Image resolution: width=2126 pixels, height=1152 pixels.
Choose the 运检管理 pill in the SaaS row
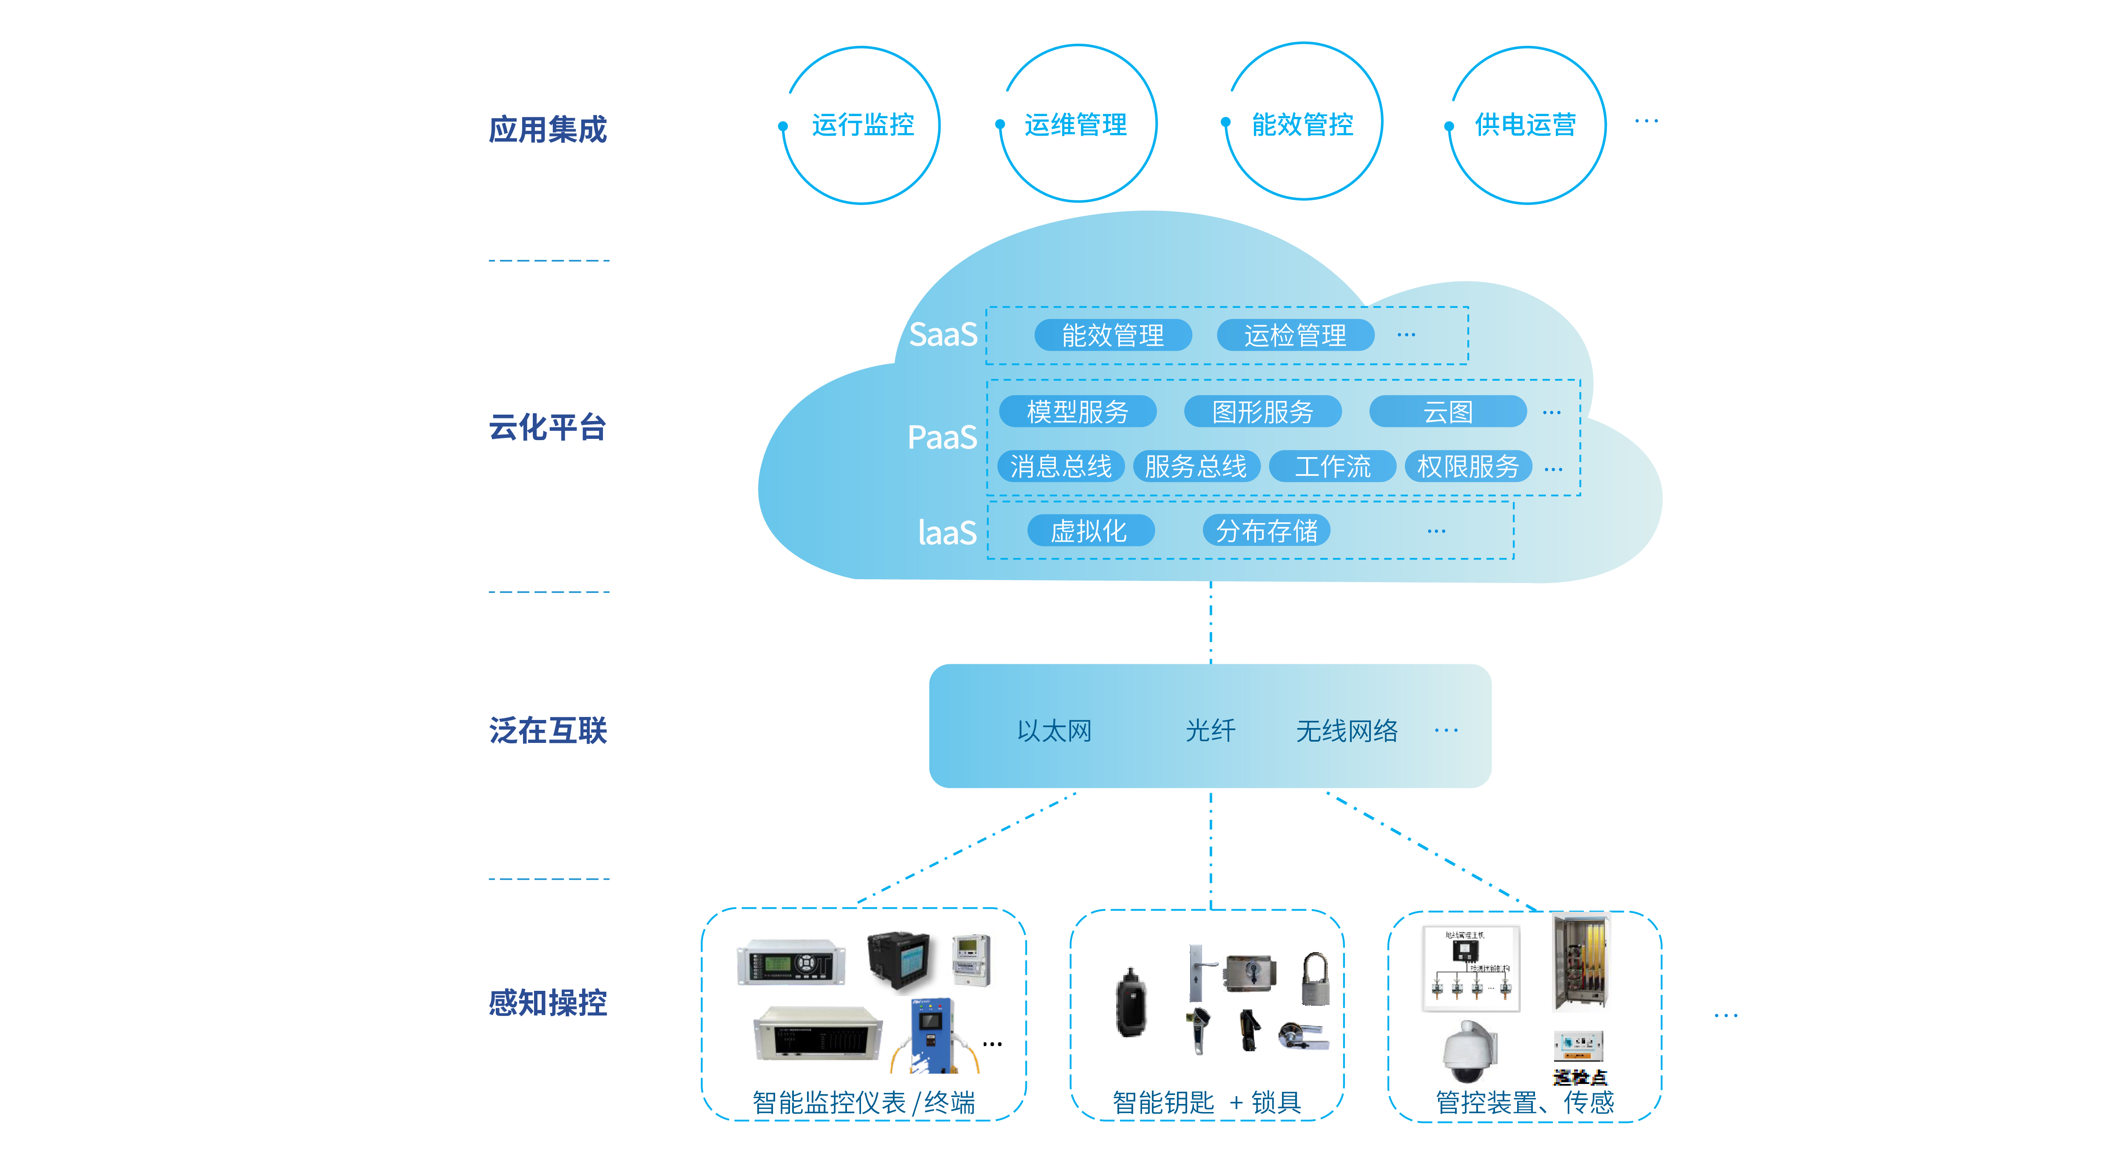tap(1295, 335)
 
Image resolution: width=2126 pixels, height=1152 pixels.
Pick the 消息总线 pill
tap(1060, 466)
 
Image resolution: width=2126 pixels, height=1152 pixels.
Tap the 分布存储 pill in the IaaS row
tap(1266, 531)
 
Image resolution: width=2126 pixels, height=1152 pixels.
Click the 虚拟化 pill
tap(1089, 531)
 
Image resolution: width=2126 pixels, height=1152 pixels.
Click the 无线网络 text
tap(1347, 730)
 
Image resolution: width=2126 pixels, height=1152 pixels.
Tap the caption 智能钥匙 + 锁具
tap(1207, 1103)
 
